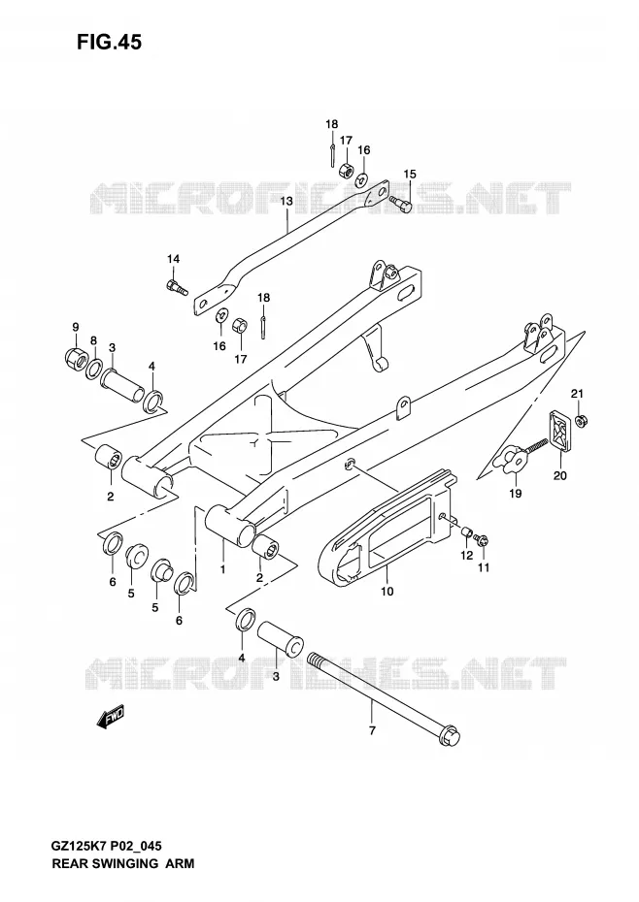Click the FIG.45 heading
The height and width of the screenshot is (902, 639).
[x=109, y=42]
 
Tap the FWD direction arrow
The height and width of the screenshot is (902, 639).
[x=110, y=717]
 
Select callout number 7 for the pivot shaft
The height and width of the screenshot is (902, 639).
[x=372, y=730]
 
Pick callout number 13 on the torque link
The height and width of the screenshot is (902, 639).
[x=286, y=201]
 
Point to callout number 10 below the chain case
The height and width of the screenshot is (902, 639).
[x=387, y=591]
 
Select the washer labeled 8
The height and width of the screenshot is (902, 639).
[x=94, y=368]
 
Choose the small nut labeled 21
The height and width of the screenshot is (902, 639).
[x=582, y=421]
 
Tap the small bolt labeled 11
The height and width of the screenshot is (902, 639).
[x=482, y=539]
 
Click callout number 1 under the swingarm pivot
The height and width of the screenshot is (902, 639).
[x=222, y=569]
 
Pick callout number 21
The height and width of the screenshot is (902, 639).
[x=578, y=394]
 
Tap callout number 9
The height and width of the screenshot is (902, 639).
[x=76, y=327]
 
